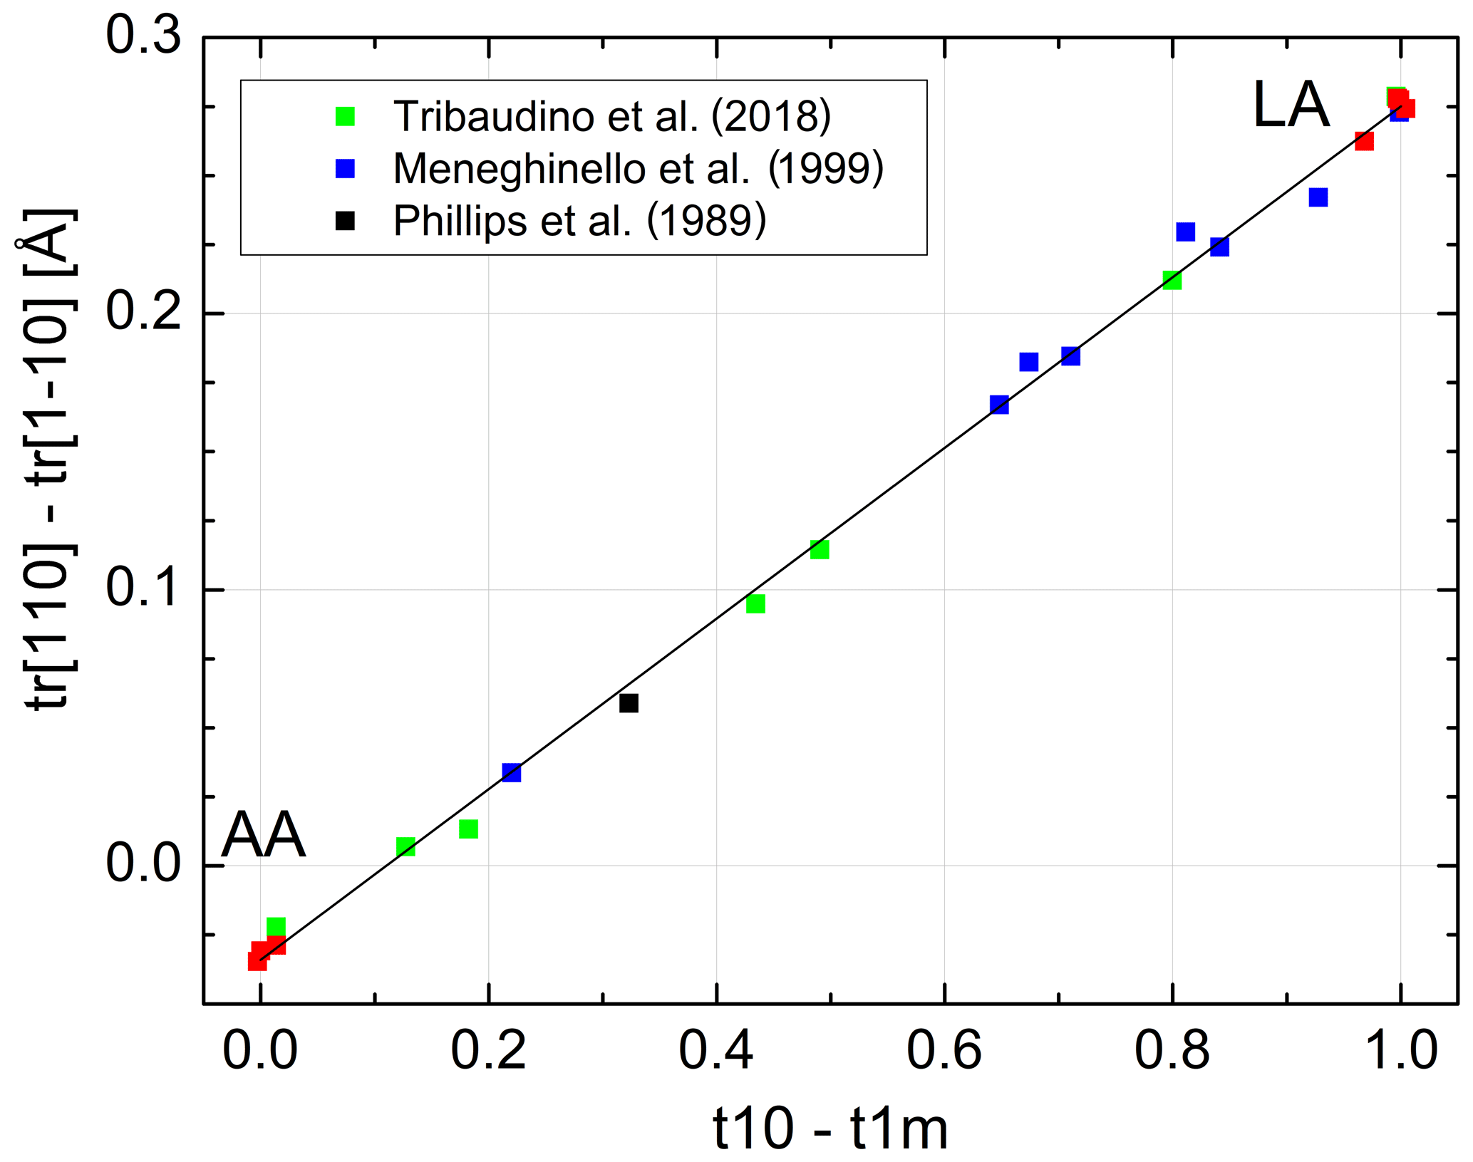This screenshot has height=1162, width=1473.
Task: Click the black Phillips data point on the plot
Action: pos(628,703)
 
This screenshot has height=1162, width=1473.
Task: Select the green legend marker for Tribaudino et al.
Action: pos(345,116)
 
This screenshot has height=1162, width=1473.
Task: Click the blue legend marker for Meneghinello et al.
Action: pos(345,168)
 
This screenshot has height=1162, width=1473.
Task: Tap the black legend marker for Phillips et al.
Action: pos(345,221)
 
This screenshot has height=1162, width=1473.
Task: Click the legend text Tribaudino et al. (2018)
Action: pos(612,116)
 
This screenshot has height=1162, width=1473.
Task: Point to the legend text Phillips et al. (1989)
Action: pos(579,221)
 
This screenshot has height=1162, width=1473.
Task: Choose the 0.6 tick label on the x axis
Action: pos(944,1051)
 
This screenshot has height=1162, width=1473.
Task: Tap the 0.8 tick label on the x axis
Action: pos(1172,1051)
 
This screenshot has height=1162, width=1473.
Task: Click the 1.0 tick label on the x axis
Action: pos(1400,1051)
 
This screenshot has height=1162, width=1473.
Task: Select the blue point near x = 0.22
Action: pos(511,772)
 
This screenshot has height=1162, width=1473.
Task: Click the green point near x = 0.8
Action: pos(1172,280)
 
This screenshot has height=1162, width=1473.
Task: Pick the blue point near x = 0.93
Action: pos(1318,197)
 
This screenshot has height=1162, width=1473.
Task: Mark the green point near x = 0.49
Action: pos(820,549)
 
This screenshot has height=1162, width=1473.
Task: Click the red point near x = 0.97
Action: pos(1364,141)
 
